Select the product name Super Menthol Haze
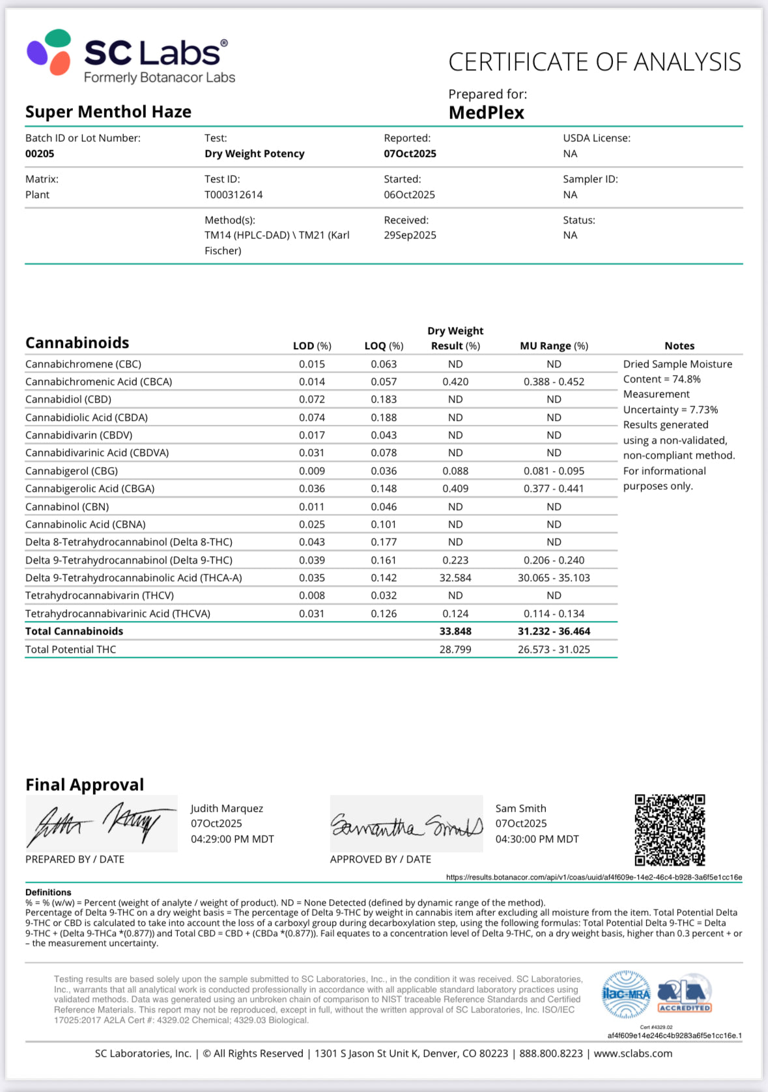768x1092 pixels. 108,112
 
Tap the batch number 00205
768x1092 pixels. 40,154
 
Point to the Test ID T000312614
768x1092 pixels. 234,195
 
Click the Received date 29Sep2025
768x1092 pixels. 410,235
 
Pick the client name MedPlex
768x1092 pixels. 486,113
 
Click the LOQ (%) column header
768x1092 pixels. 384,346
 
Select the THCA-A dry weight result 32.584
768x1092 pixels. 455,578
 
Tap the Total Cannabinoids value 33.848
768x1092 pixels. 455,631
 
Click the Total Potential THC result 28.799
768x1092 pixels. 455,650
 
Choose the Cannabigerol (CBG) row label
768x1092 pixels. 72,471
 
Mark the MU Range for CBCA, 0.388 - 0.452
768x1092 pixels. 554,382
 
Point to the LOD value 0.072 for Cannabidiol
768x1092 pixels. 312,399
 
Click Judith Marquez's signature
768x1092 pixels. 101,824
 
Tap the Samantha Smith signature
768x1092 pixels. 406,825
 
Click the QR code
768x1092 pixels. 670,829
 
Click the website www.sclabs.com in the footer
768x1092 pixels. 633,1054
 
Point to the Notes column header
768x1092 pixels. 679,346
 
